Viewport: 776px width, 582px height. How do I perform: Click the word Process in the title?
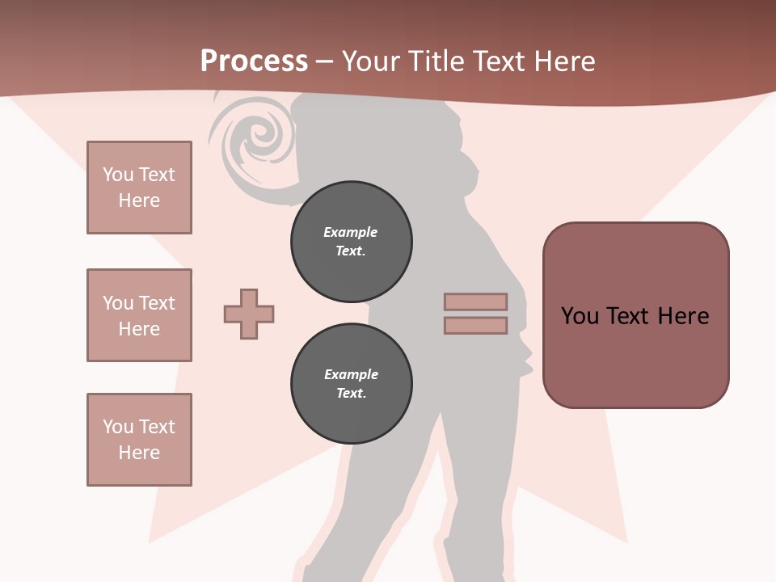[254, 61]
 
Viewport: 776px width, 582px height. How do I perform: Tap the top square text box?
[139, 188]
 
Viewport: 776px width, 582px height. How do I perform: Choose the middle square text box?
[139, 315]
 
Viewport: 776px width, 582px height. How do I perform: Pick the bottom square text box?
[139, 440]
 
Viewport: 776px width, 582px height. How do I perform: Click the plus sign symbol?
[249, 314]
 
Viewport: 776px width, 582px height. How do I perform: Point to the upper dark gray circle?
[351, 242]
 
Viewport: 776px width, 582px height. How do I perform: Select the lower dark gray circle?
[351, 384]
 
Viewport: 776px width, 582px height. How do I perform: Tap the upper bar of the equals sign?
[475, 302]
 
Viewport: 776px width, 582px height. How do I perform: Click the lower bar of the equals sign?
[475, 326]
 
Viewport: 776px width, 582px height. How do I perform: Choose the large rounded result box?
[635, 315]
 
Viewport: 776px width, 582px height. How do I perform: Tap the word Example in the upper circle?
[351, 232]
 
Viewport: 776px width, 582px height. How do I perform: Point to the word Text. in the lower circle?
[351, 394]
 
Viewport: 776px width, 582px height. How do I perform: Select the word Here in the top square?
[139, 200]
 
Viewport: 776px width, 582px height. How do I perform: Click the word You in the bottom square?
[118, 427]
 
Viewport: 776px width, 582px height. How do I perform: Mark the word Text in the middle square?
[156, 303]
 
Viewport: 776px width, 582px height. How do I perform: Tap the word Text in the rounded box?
[630, 316]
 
